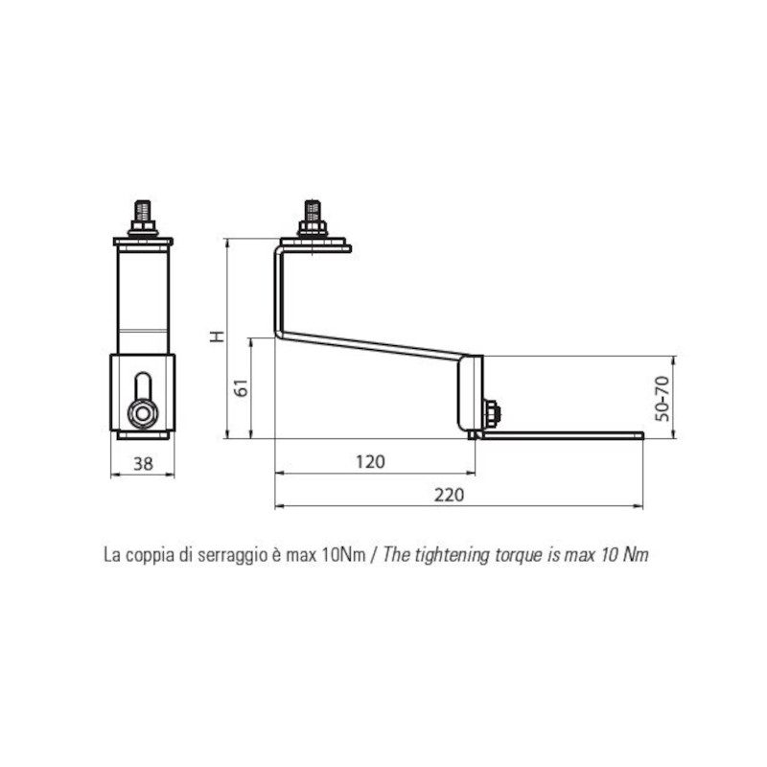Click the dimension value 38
(143, 463)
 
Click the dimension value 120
(370, 462)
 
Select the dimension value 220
(449, 495)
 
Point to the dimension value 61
(242, 387)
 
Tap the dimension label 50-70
(662, 398)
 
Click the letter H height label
(217, 337)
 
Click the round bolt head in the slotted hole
(143, 414)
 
